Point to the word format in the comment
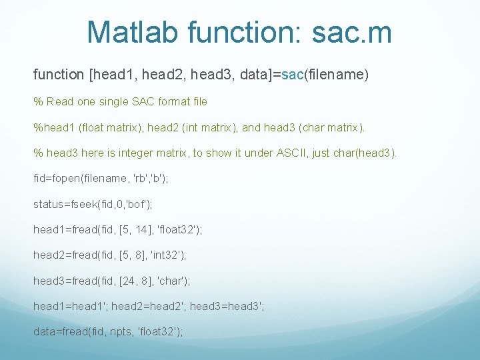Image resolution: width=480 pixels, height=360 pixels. pos(158,102)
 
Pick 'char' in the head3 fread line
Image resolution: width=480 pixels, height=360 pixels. pos(167,281)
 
